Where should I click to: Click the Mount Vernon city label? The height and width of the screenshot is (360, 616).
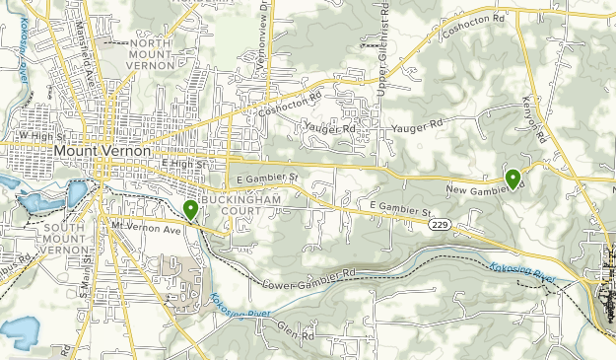[103, 150]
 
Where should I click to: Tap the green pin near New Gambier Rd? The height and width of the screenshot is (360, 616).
[513, 179]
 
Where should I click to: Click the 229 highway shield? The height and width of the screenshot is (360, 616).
[441, 226]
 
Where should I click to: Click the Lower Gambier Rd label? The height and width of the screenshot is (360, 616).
[309, 279]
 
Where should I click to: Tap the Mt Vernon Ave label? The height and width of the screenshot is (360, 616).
[147, 228]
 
